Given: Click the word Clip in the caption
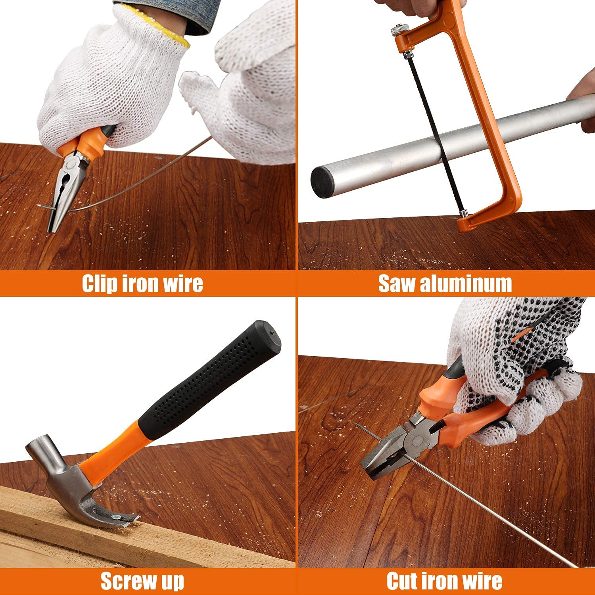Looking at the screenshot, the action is [100, 284].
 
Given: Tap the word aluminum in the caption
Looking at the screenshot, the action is [466, 284].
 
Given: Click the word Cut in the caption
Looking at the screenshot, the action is [404, 581].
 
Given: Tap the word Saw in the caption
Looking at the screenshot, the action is [397, 284].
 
